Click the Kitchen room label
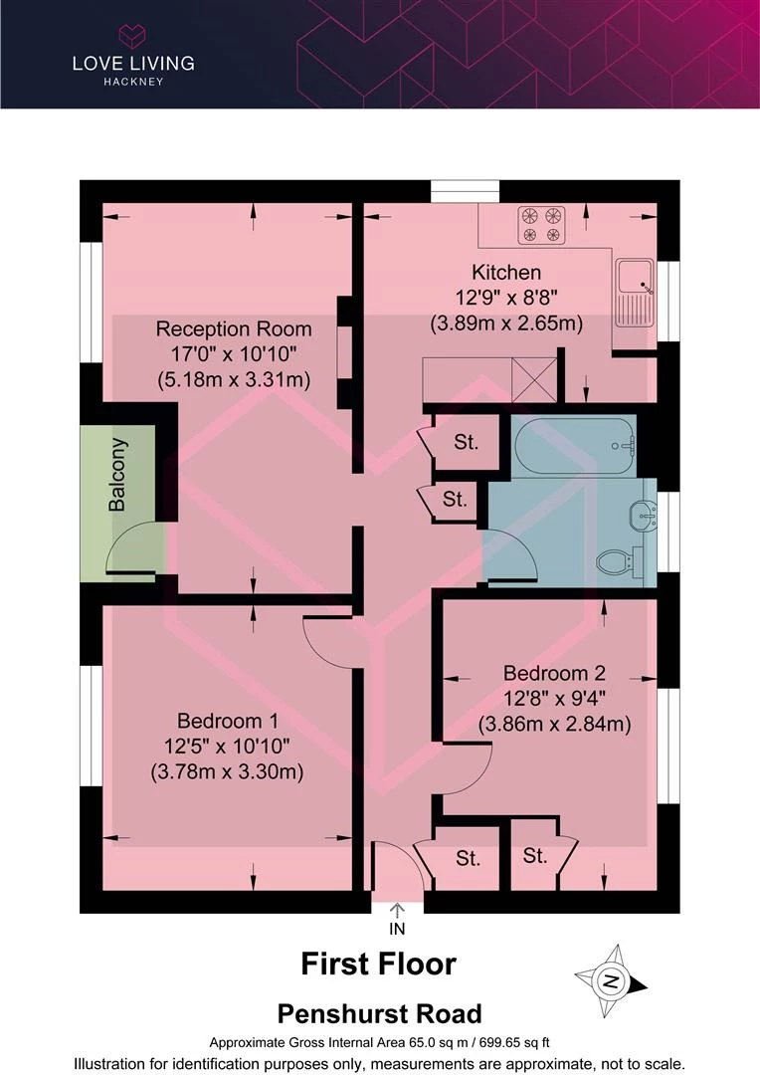click(506, 272)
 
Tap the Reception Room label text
click(234, 329)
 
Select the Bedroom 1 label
click(228, 721)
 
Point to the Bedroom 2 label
click(554, 673)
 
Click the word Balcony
click(117, 475)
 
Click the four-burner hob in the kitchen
click(541, 226)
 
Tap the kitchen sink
click(636, 294)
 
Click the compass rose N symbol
click(611, 980)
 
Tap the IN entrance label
click(398, 929)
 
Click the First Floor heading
click(378, 964)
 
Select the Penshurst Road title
click(380, 1013)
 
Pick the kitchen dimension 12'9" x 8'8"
click(506, 298)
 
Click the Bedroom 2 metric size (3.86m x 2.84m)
click(554, 724)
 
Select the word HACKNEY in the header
click(133, 82)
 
